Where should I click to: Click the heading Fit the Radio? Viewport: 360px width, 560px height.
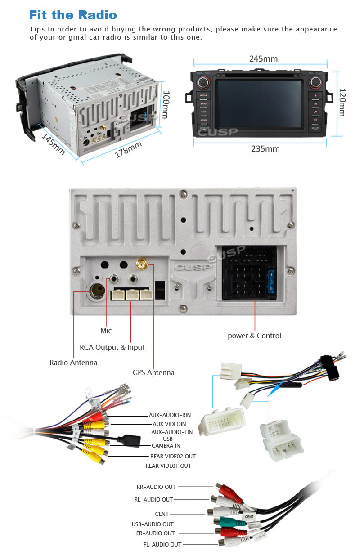(x=73, y=15)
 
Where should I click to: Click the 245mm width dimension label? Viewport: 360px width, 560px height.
(x=263, y=59)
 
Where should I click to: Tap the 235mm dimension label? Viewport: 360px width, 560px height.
(x=265, y=149)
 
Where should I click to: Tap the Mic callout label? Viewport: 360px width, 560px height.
(x=106, y=331)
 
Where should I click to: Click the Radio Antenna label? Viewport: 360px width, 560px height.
(x=73, y=363)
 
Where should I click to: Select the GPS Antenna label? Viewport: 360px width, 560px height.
(x=153, y=372)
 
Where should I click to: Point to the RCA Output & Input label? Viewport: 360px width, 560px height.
(x=112, y=347)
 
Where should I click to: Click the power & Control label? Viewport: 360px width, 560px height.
(x=254, y=336)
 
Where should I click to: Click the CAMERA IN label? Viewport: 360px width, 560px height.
(x=166, y=446)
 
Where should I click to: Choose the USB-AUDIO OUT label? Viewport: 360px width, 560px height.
(x=153, y=524)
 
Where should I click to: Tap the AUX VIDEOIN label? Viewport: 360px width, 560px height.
(x=169, y=424)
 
